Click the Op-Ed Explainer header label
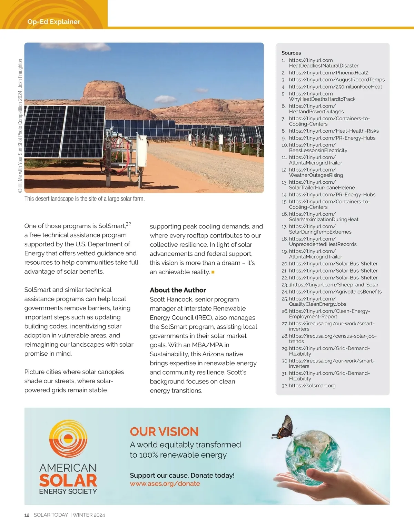tap(53, 22)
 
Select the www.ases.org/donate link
tap(165, 484)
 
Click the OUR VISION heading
tap(164, 431)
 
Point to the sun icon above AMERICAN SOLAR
tap(68, 438)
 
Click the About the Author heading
tap(178, 290)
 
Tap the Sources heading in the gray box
tap(291, 53)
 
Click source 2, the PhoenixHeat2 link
tap(328, 73)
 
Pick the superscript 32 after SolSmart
tap(128, 224)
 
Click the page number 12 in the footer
tap(27, 515)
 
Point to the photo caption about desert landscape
tap(85, 199)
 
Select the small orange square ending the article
tap(213, 272)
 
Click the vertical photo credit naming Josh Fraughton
tap(20, 126)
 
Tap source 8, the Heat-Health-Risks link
tap(334, 131)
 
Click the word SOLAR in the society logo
tap(68, 480)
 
